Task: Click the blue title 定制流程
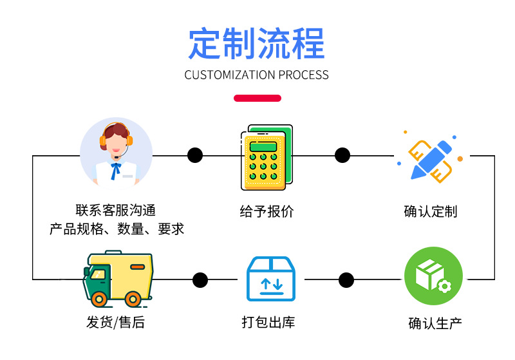256,44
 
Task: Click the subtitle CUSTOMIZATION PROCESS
256,75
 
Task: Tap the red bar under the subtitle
257,99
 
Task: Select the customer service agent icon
117,153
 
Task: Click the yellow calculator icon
267,157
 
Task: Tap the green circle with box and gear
433,276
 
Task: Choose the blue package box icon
271,279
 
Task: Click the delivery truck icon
118,279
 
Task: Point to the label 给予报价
267,211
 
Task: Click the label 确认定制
431,211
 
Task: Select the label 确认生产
435,323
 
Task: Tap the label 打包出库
268,322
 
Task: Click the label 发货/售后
115,322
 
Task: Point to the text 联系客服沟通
116,210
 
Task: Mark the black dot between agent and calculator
195,155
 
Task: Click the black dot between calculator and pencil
342,155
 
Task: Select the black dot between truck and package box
200,280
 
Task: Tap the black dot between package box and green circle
346,280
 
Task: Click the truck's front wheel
99,299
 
